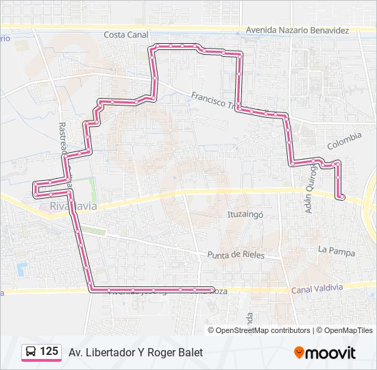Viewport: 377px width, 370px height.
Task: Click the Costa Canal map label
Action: (126, 34)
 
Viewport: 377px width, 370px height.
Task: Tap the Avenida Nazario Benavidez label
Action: (297, 31)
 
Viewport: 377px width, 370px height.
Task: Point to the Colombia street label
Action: (344, 141)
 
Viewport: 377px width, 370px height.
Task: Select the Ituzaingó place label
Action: (245, 214)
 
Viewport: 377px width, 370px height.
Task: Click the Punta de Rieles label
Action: (235, 255)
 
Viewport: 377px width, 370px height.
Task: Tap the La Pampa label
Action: (337, 252)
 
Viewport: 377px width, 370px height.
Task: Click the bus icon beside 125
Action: (31, 351)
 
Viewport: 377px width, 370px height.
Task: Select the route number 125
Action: (49, 351)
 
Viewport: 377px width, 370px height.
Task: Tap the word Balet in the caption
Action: (189, 352)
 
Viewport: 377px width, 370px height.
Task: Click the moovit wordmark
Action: (330, 353)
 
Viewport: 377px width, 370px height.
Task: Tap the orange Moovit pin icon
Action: (299, 353)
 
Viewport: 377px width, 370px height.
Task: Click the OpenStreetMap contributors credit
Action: (263, 330)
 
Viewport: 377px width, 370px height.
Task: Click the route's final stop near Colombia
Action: (340, 197)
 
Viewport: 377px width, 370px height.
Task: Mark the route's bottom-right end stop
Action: (212, 290)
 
